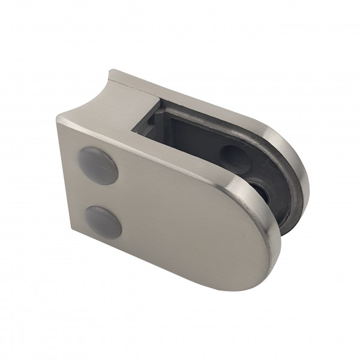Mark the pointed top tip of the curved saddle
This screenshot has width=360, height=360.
110,74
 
